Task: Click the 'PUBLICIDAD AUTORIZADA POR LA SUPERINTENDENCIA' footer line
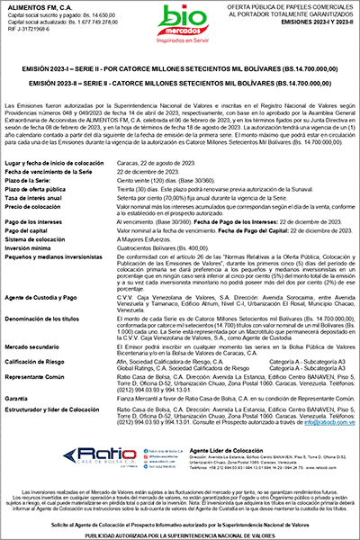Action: (180, 533)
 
